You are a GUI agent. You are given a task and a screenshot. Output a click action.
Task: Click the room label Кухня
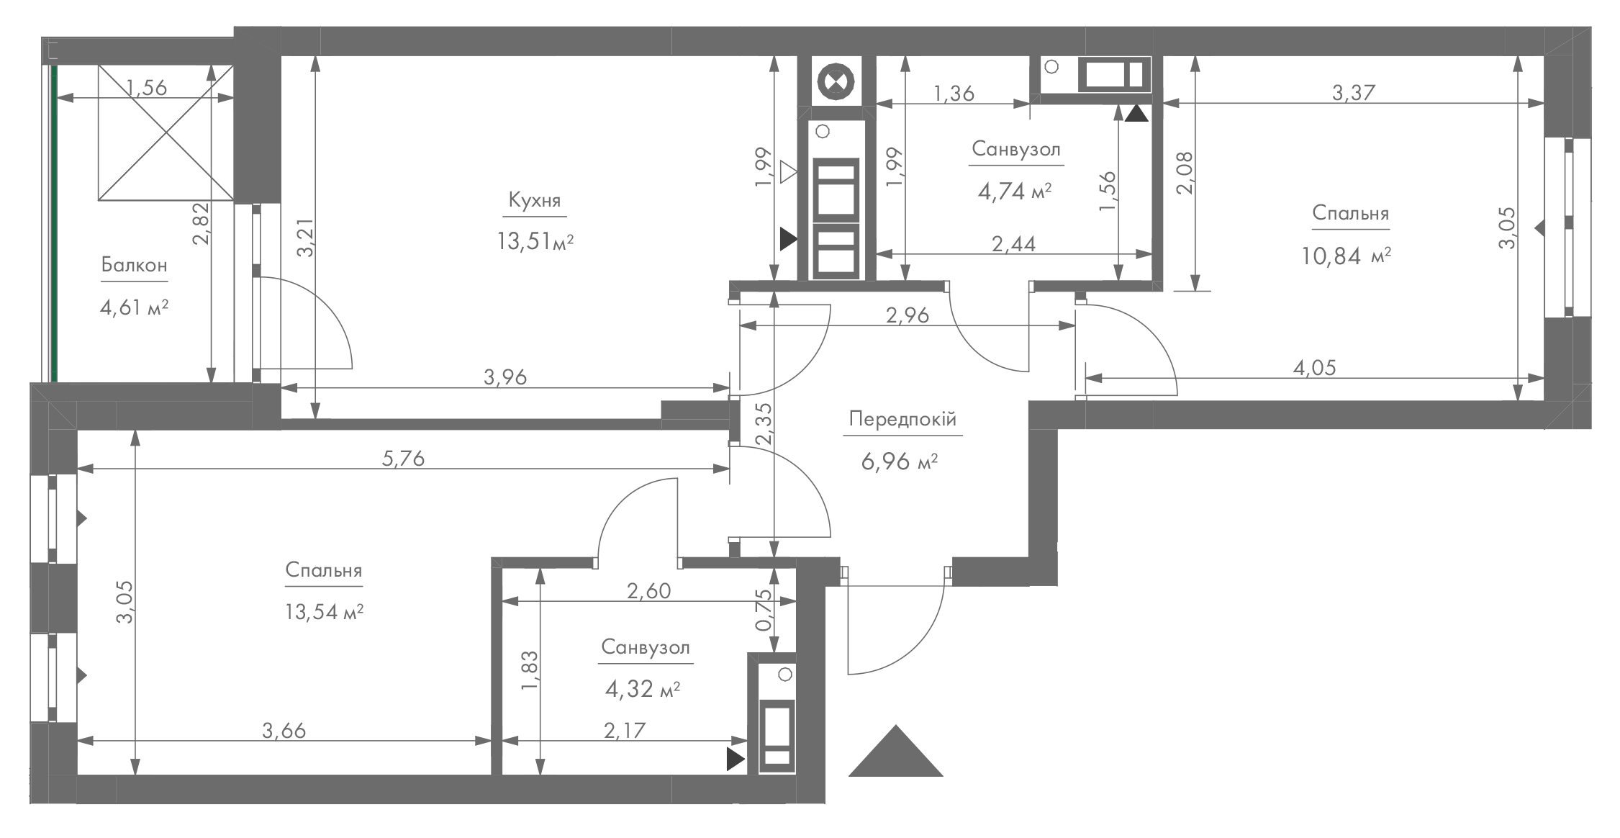coord(534,199)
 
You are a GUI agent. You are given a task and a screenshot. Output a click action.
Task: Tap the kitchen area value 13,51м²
coord(535,241)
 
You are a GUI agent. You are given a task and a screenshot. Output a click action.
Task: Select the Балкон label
coord(134,265)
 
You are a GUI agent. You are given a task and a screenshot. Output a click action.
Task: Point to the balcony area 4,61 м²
coord(134,308)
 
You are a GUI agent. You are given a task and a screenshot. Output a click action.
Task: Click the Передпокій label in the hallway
coord(902,420)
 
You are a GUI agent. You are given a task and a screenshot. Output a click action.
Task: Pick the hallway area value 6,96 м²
coord(900,461)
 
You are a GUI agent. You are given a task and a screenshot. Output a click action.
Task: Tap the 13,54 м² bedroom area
coord(323,612)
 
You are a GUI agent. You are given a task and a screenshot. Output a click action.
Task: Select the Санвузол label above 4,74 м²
coord(1016,149)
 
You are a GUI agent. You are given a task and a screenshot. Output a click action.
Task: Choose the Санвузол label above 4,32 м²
coord(646,647)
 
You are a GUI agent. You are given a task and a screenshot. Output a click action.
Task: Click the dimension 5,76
coord(403,458)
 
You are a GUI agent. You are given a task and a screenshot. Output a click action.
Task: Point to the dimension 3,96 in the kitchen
coord(505,377)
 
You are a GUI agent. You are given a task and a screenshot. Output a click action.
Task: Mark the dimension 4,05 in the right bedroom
coord(1314,368)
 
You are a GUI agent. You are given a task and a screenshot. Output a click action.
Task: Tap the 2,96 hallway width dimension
coord(908,315)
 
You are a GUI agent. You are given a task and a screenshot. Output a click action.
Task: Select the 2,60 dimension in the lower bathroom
coord(648,591)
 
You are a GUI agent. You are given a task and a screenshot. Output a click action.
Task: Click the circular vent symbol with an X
coord(836,81)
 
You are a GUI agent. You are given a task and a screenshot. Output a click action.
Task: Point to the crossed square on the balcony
coord(166,132)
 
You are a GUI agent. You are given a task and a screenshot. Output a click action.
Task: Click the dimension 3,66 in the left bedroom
coord(284,731)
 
